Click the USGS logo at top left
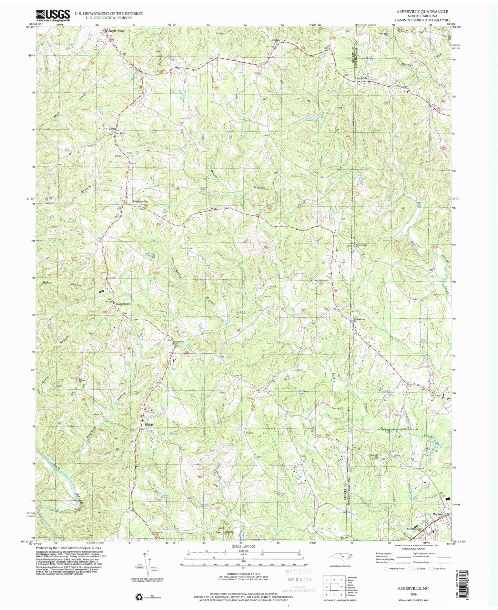tap(53, 15)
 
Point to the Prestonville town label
tap(140, 201)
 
